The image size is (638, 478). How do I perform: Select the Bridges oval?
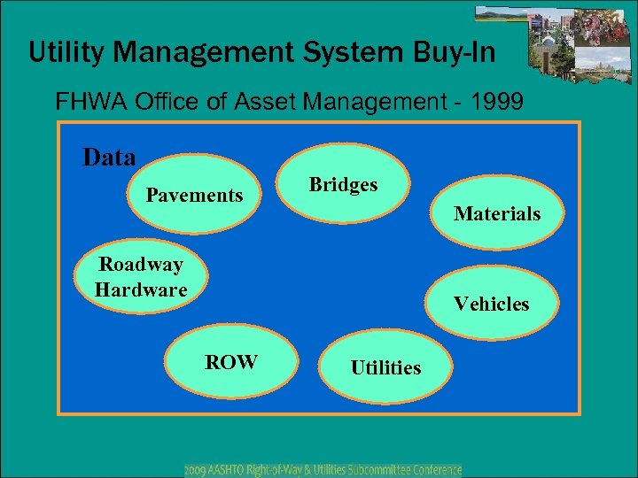click(343, 185)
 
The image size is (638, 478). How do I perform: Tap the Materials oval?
click(497, 213)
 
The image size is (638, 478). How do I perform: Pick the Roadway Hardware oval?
click(141, 277)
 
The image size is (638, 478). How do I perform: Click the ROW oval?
click(231, 362)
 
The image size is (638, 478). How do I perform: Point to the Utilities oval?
click(385, 367)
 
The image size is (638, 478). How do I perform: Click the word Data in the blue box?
click(109, 158)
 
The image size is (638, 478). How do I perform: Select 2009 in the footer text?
click(198, 469)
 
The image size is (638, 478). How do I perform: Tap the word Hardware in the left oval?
click(141, 289)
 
